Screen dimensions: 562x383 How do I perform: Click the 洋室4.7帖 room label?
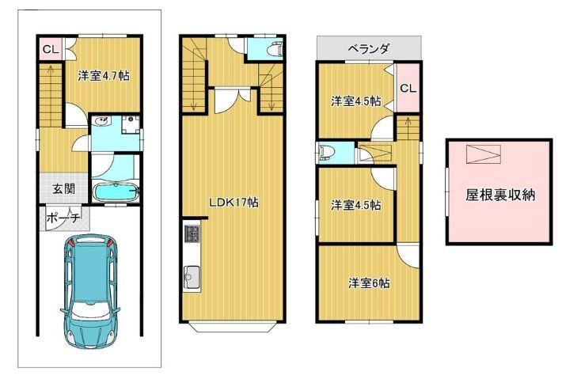coord(104,76)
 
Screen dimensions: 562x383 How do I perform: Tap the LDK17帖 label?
coord(234,203)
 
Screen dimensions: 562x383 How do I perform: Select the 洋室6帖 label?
coord(369,283)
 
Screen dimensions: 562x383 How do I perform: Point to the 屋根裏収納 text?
coord(500,195)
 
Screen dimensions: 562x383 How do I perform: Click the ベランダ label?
coord(369,48)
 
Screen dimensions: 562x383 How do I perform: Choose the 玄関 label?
coord(64,189)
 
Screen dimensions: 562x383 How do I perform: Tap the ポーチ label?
coord(63,218)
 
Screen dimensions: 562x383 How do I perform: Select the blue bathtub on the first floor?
coord(116,193)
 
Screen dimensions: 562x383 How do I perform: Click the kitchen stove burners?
coord(192,233)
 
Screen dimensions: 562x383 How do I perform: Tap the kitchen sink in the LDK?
coord(192,277)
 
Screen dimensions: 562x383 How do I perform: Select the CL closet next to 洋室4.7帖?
coord(51,49)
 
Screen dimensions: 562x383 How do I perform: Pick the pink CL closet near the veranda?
coord(408,88)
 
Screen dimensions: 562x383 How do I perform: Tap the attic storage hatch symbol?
coord(484,154)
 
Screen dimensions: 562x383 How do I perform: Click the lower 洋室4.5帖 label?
coord(355,205)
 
